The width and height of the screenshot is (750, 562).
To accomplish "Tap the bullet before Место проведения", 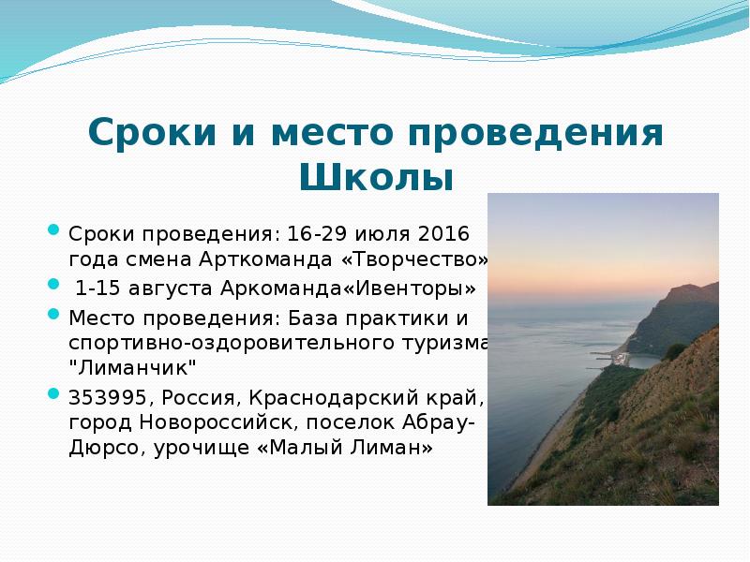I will click(x=53, y=314).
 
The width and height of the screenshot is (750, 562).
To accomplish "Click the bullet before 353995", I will click(x=53, y=392).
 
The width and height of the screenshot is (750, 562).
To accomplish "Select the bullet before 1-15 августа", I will click(x=53, y=280).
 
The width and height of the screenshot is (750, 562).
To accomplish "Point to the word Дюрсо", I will click(x=104, y=448).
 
